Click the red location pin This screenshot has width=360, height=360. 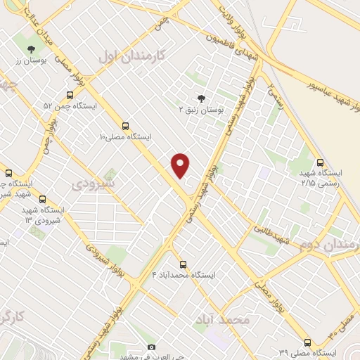(181, 165)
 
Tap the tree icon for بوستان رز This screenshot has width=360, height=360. (31, 49)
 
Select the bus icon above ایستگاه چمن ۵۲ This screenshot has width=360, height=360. (70, 95)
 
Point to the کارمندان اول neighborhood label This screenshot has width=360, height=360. (131, 56)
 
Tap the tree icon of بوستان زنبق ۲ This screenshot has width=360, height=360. (202, 98)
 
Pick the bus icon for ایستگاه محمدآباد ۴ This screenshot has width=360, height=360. (183, 265)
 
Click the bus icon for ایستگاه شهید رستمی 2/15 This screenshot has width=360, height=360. (321, 162)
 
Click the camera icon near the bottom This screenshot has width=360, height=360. (150, 347)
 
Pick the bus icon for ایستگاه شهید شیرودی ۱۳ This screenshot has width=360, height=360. (43, 199)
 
